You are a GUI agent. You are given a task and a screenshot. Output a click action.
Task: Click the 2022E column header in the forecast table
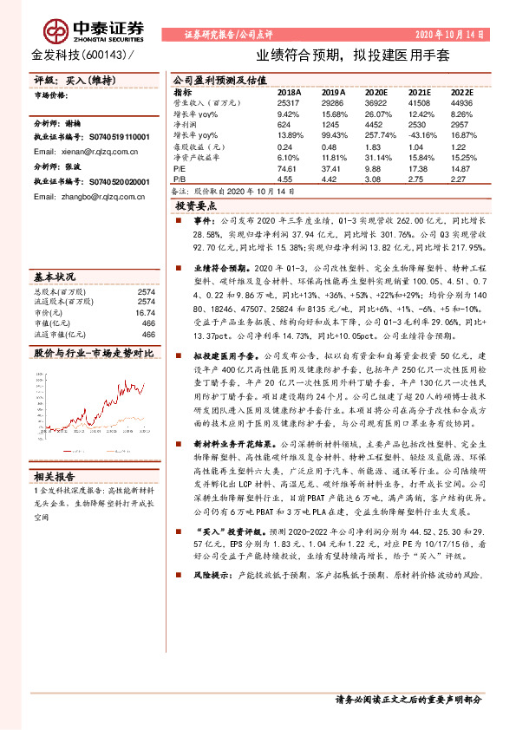coord(461,91)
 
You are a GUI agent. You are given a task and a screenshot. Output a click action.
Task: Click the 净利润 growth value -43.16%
coord(421,136)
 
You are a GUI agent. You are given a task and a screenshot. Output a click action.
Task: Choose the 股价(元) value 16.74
coord(145,312)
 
